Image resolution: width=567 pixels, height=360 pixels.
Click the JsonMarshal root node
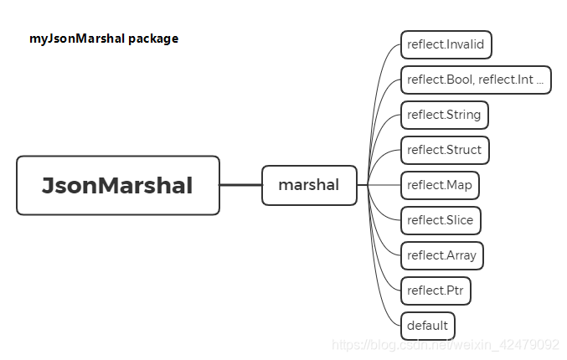118,185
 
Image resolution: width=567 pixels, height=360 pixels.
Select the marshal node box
309,185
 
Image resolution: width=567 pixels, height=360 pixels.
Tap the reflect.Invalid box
446,44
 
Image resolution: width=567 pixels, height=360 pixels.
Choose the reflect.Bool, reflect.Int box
476,80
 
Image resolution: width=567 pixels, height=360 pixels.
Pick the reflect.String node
444,115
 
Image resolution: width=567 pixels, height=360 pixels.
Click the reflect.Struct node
444,150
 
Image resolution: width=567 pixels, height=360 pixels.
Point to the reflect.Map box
441,185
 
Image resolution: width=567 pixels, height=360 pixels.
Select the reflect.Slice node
441,220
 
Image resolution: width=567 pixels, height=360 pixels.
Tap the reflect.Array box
442,255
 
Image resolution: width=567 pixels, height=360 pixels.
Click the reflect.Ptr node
436,291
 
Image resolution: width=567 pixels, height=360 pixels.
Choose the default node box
427,326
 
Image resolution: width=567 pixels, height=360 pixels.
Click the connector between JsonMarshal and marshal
240,185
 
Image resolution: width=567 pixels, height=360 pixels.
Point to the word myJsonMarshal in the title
75,39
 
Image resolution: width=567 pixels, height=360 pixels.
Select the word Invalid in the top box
464,44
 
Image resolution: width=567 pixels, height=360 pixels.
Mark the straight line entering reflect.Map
385,185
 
